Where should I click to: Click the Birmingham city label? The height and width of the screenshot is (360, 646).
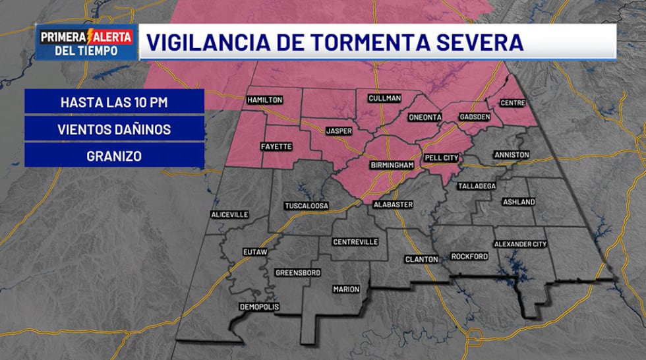[392, 164]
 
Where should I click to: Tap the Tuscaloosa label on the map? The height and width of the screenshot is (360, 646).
[307, 206]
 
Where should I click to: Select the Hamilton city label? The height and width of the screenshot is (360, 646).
[265, 100]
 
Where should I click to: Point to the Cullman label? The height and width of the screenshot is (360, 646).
[384, 98]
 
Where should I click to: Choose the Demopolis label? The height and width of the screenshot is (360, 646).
[259, 307]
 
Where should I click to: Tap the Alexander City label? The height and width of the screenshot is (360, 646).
[521, 244]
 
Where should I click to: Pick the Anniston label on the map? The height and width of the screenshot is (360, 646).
[512, 155]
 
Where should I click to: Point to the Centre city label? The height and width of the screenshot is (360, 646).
[512, 103]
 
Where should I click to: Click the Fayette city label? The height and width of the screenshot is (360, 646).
[276, 146]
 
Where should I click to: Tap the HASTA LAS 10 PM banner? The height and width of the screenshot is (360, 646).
[114, 102]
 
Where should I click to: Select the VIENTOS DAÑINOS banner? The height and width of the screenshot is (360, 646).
[114, 129]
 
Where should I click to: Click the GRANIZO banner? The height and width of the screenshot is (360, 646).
[114, 156]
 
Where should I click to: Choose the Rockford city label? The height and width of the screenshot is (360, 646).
[469, 256]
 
